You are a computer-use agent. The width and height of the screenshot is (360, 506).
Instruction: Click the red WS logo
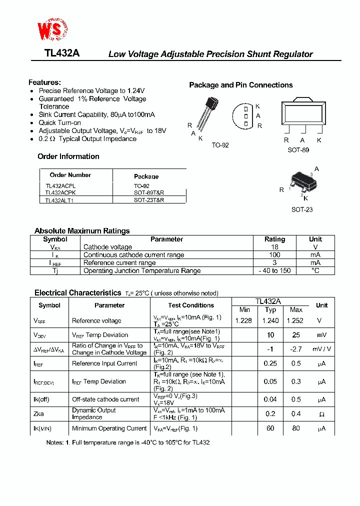coord(51,31)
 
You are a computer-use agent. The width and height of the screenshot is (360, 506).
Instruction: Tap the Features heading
coord(44,82)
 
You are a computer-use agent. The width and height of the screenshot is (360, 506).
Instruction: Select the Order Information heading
coord(68,156)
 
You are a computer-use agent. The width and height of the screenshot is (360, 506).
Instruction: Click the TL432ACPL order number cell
coord(60,185)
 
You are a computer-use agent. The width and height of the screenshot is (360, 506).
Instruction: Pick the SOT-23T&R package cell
coord(149,199)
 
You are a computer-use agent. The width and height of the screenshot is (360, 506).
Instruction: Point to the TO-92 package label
coord(220,145)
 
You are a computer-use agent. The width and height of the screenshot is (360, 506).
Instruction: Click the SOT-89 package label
coord(298,150)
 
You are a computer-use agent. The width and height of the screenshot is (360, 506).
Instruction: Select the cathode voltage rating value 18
coord(274,247)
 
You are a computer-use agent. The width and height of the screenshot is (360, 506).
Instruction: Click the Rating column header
coord(274,239)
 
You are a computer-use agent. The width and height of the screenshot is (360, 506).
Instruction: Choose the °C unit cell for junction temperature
coord(315,270)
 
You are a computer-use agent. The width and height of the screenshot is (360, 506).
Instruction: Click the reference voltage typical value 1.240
coord(270,320)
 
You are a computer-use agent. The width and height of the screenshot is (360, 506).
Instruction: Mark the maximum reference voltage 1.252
coord(296,320)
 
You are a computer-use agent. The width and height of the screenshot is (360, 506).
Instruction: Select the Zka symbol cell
coord(39,414)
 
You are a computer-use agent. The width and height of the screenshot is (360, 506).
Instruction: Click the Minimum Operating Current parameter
coord(109,428)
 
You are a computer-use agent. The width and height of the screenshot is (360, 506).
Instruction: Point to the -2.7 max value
coord(296,349)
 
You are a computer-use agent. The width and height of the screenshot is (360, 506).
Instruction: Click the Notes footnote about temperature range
coord(128,442)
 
